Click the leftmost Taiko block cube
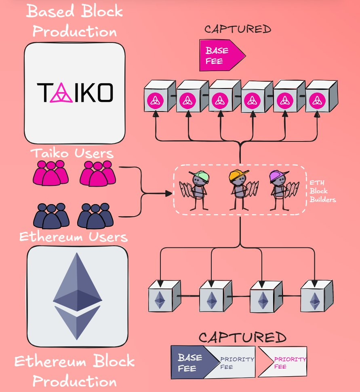pos(159,97)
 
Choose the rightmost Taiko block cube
pos(320,97)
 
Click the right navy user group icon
pos(95,215)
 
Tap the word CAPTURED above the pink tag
pos(237,29)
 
